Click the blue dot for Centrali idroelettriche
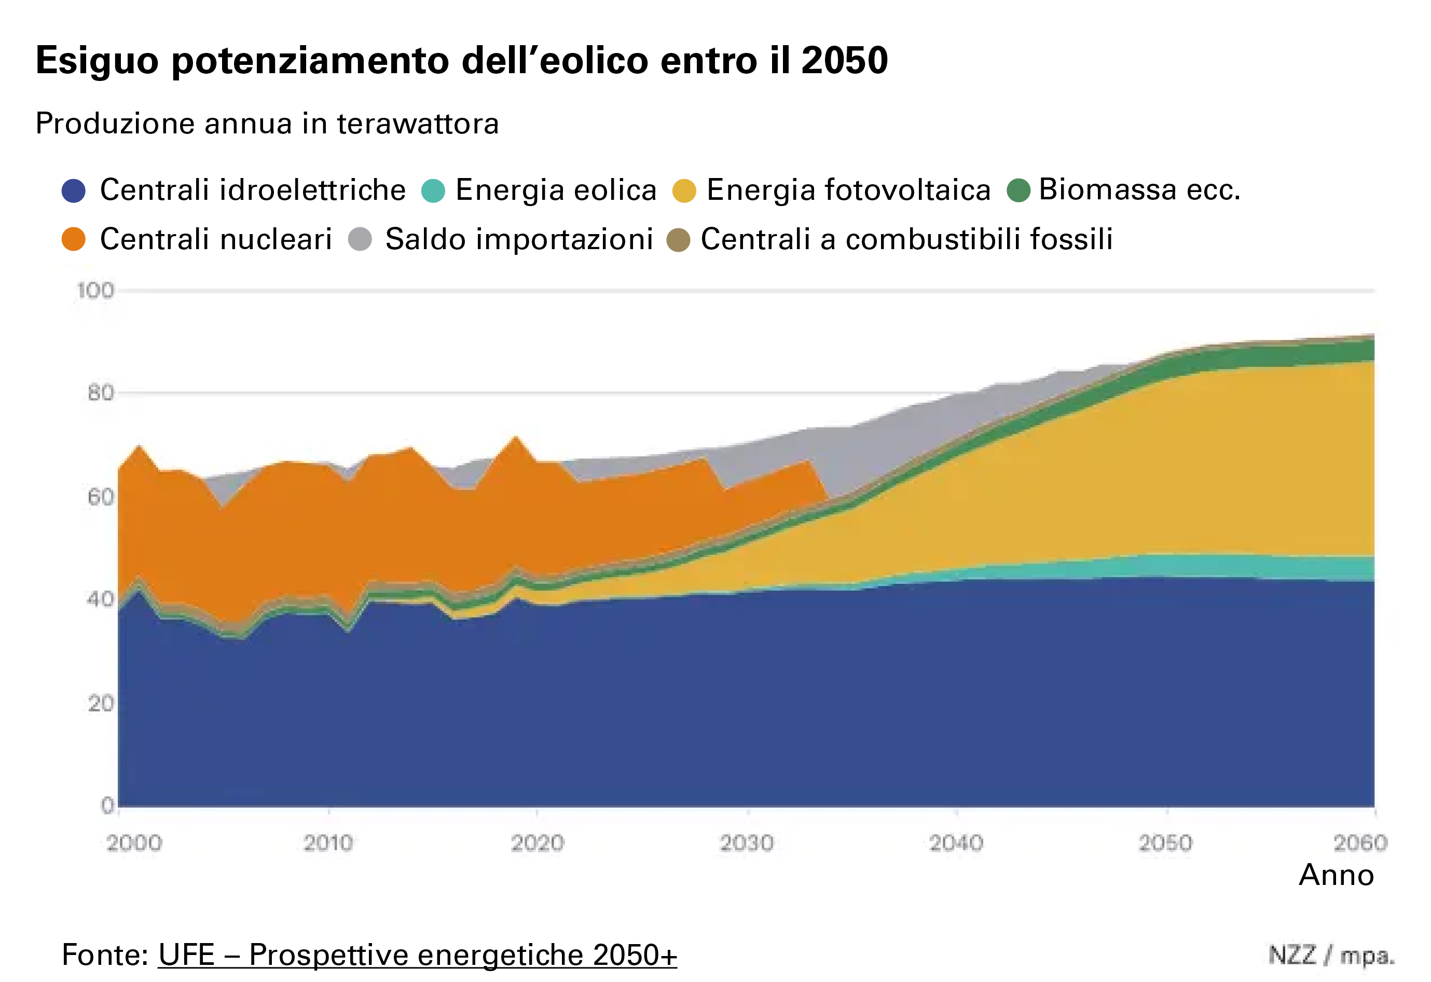tap(73, 190)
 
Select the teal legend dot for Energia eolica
tap(433, 190)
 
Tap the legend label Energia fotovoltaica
tap(848, 190)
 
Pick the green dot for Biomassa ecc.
tap(1019, 190)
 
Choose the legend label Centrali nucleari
tap(215, 239)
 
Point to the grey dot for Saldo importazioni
tap(360, 239)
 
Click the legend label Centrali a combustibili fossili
tap(906, 239)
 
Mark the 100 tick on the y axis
tap(95, 290)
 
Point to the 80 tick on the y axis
tap(100, 392)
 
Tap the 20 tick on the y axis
tap(100, 703)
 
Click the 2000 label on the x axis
tap(134, 843)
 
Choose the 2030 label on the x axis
tap(747, 843)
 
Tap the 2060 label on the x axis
tap(1360, 843)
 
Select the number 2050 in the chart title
tap(844, 60)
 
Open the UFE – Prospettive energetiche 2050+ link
tap(418, 955)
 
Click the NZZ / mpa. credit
tap(1331, 956)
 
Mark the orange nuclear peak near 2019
tap(516, 439)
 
